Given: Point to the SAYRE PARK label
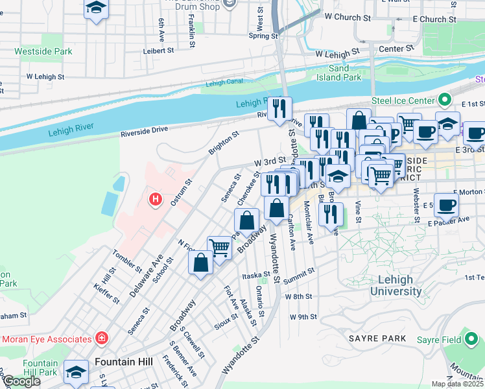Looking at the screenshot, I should pos(377,338).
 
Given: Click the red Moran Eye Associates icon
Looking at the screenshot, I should pos(101,338).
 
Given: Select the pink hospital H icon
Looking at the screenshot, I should pos(154,198).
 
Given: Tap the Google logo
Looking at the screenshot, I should pos(21,381).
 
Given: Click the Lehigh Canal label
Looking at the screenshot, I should pos(223,83).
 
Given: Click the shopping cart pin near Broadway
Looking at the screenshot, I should pos(219,248).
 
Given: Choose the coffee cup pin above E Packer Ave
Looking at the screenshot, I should pos(447,206).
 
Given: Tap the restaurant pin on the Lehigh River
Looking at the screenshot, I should pos(280,108).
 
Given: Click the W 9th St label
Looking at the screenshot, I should pos(303,316).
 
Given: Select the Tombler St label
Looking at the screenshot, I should pos(126,261).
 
